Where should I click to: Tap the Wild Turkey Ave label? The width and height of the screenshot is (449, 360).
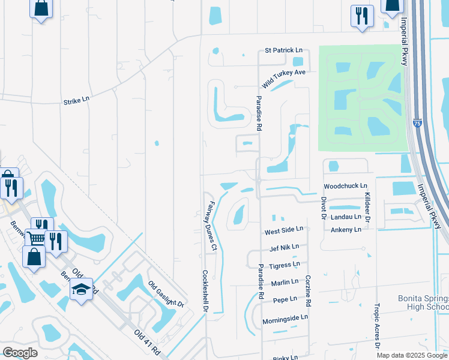284,76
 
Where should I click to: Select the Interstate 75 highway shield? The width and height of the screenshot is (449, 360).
417,124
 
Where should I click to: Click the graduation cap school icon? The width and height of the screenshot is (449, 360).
81,290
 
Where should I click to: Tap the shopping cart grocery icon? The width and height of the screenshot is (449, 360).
36,238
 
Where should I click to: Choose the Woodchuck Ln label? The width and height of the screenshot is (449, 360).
345,186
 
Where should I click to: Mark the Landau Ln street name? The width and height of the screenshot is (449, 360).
346,217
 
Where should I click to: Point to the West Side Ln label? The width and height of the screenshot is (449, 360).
284,230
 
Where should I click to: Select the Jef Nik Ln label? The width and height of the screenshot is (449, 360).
284,247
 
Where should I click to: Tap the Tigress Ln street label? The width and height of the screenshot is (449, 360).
284,265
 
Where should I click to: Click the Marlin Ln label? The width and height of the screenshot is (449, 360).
284,282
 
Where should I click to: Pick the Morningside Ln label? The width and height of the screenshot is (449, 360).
285,317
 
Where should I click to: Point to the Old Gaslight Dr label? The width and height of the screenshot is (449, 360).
166,295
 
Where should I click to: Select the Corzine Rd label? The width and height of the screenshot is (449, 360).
307,287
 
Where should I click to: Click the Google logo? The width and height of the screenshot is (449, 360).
20,352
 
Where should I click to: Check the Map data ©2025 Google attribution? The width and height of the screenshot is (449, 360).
411,355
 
